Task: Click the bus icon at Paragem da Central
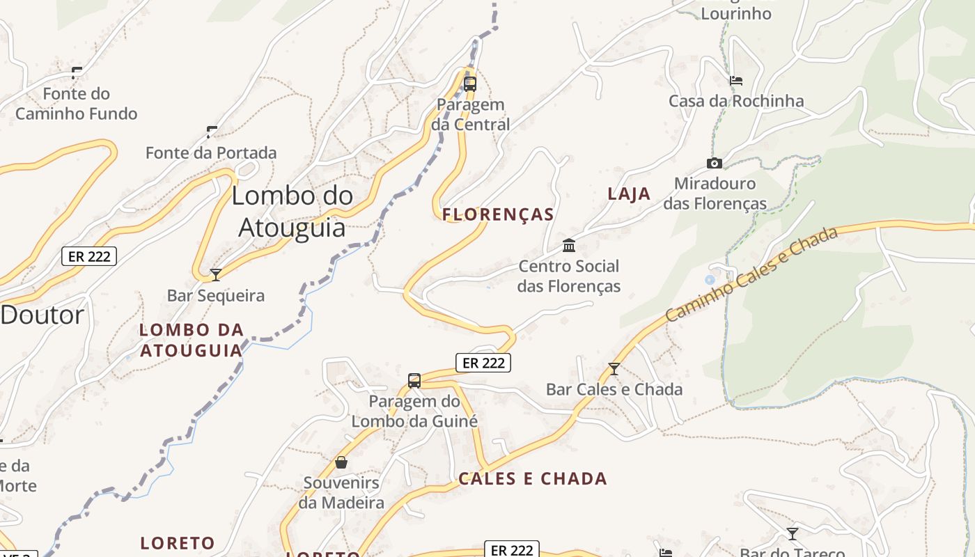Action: pyautogui.click(x=470, y=84)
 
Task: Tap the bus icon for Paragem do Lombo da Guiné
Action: pyautogui.click(x=414, y=381)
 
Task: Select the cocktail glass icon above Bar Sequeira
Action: pyautogui.click(x=216, y=274)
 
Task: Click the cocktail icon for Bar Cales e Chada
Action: pyautogui.click(x=614, y=368)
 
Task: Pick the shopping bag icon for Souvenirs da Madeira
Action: pyautogui.click(x=341, y=462)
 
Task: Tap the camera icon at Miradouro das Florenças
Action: pyautogui.click(x=714, y=164)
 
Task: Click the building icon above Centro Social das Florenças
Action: pyautogui.click(x=569, y=245)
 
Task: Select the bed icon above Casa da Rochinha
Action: pyautogui.click(x=735, y=81)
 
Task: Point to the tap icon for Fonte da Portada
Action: pyautogui.click(x=212, y=132)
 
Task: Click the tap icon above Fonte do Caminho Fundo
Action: pyautogui.click(x=77, y=72)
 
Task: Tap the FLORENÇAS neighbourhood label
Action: pyautogui.click(x=498, y=214)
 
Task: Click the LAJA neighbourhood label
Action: pyautogui.click(x=629, y=194)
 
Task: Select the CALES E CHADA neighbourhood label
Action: pyautogui.click(x=533, y=478)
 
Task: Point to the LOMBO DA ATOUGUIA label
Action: pyautogui.click(x=192, y=340)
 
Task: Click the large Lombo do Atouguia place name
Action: pyautogui.click(x=292, y=212)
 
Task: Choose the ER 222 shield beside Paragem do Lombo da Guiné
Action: pyautogui.click(x=483, y=363)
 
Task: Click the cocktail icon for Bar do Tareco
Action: pyautogui.click(x=792, y=534)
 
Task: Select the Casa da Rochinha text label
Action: pyautogui.click(x=736, y=101)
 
